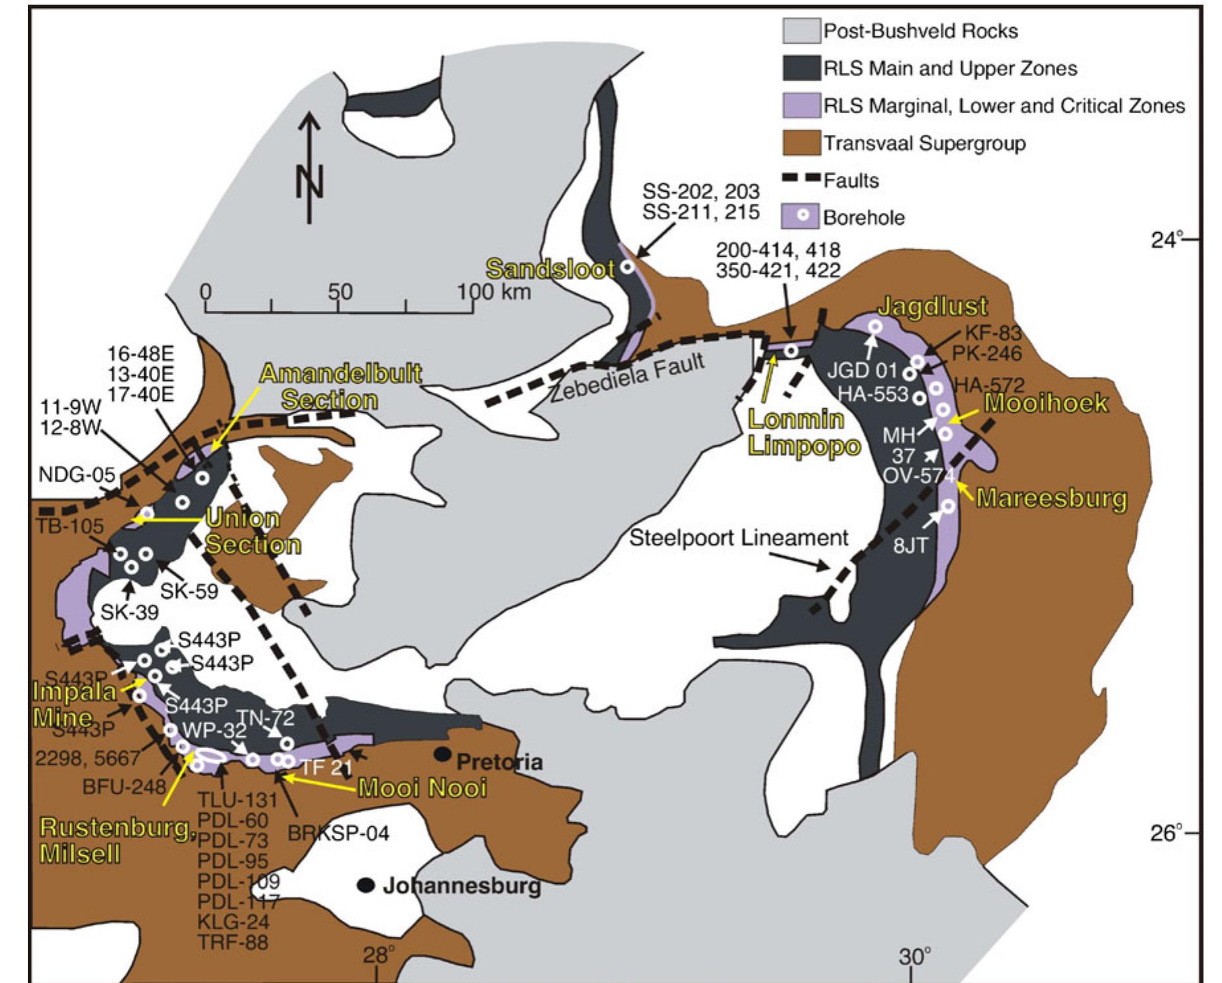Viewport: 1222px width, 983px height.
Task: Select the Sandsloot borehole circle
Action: tap(627, 267)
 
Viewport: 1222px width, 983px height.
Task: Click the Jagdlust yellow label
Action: tap(932, 306)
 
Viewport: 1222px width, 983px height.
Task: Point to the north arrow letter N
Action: tap(310, 179)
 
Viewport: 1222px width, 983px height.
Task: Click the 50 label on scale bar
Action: tap(340, 292)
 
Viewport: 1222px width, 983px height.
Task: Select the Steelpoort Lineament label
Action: tap(738, 538)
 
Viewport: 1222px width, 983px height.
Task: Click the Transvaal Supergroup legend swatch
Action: tap(801, 143)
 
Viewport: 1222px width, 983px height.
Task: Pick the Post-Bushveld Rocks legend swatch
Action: tap(801, 30)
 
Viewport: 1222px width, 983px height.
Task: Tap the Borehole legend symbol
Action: tap(801, 216)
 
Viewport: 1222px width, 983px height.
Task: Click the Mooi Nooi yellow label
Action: tap(422, 788)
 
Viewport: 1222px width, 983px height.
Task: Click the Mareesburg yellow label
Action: tap(1051, 497)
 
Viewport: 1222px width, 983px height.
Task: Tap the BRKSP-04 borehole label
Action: tap(339, 832)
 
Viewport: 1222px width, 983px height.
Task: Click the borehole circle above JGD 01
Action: tap(874, 326)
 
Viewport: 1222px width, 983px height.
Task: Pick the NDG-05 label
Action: tap(76, 474)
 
